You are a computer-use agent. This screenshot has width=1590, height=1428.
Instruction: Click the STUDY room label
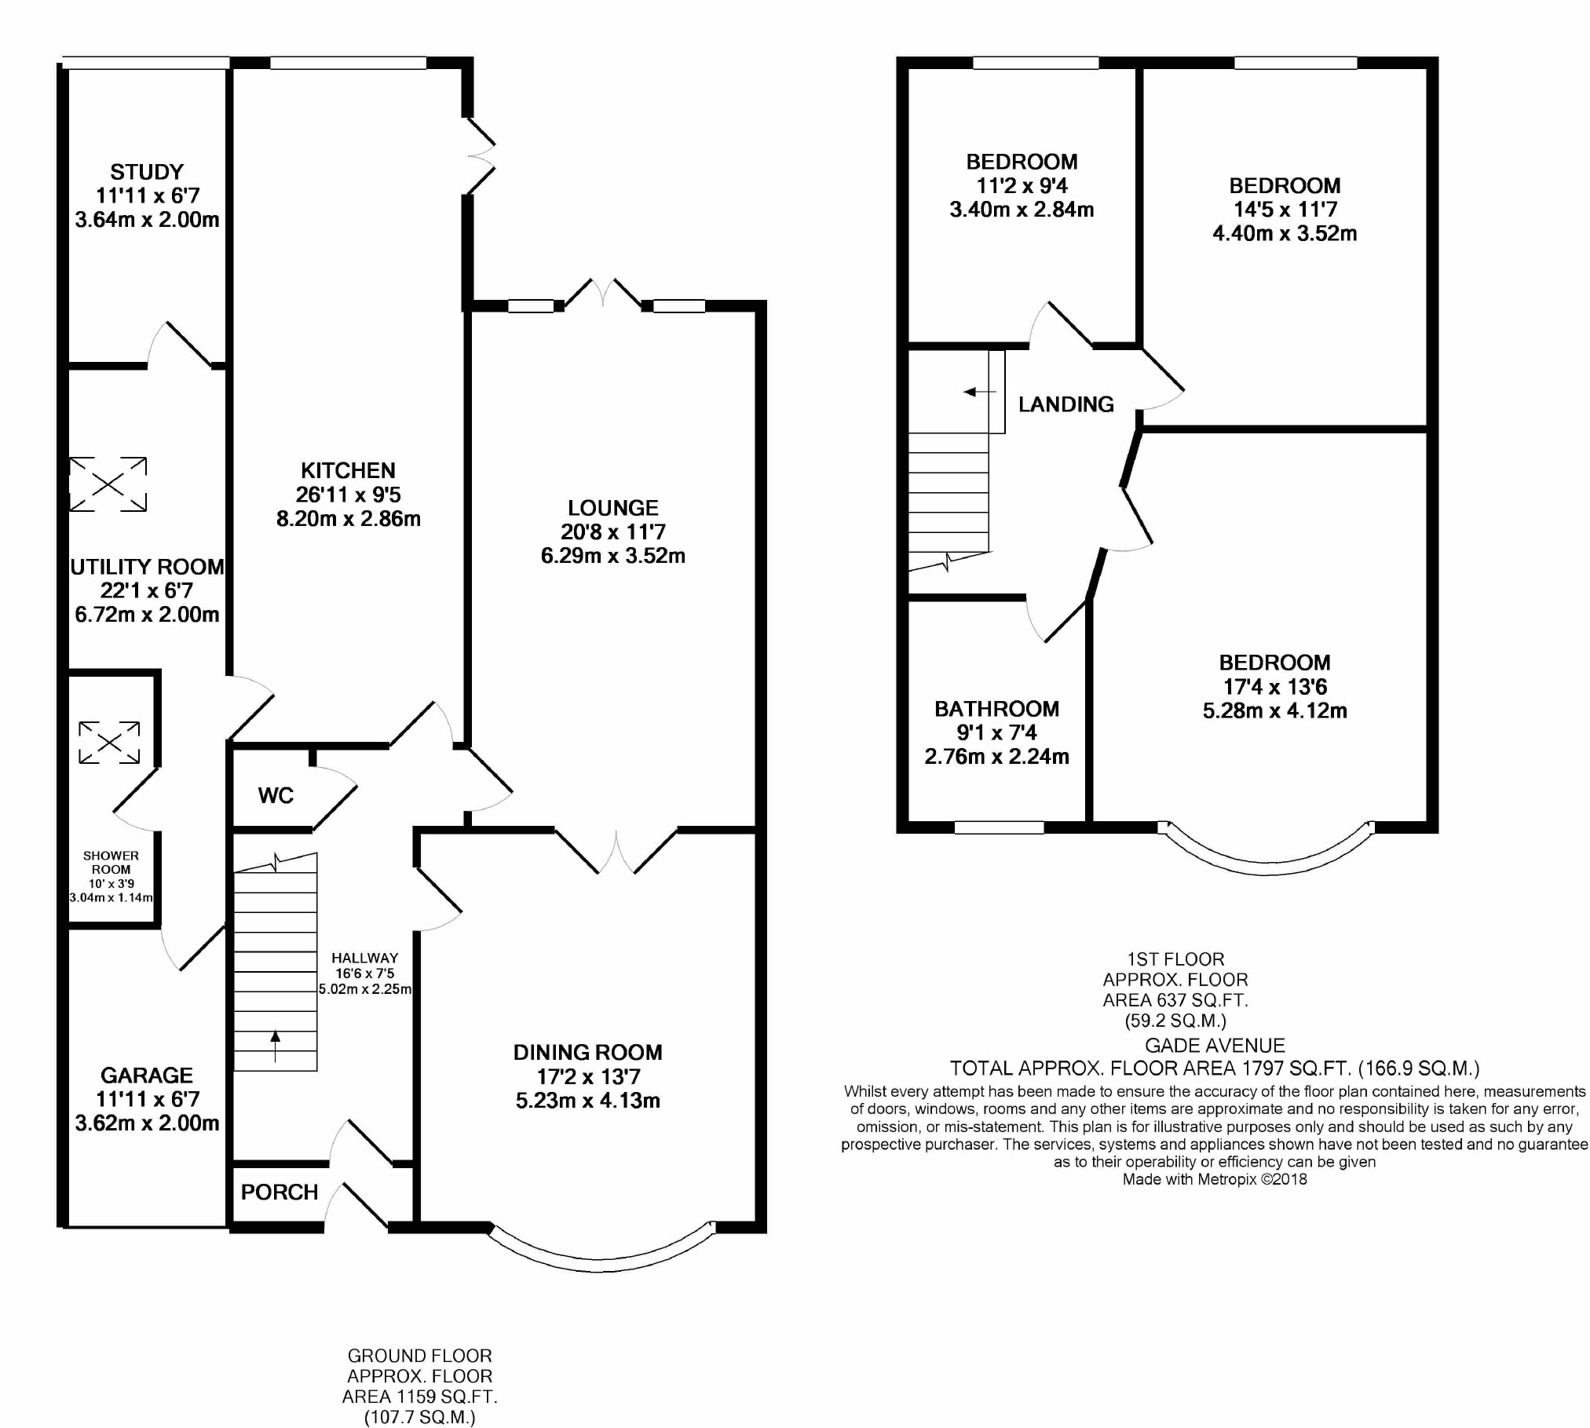147,172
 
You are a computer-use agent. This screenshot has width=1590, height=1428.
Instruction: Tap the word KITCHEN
348,470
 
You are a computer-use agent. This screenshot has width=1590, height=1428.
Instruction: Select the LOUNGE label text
613,508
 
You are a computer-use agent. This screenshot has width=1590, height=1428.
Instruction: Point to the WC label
276,795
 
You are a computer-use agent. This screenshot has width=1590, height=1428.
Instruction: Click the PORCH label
280,1192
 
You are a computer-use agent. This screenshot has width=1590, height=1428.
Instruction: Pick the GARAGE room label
147,1075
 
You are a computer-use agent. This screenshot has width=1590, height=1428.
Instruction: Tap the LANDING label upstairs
1066,404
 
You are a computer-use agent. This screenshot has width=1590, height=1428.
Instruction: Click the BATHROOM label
997,709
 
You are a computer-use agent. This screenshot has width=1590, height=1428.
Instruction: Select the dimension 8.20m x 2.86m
348,519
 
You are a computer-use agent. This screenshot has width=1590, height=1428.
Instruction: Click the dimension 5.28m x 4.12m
1275,710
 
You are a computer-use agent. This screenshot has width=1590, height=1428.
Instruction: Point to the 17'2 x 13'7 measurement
588,1076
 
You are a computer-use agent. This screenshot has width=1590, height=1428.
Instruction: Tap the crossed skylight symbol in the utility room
108,484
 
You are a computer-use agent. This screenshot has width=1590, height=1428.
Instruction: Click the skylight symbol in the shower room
109,742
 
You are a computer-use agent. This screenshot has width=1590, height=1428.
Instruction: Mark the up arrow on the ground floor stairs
275,1046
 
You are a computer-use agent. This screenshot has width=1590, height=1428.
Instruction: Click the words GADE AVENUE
1215,1046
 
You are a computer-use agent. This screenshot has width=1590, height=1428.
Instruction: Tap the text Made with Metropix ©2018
1215,1179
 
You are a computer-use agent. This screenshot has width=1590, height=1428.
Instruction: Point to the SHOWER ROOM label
111,863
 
